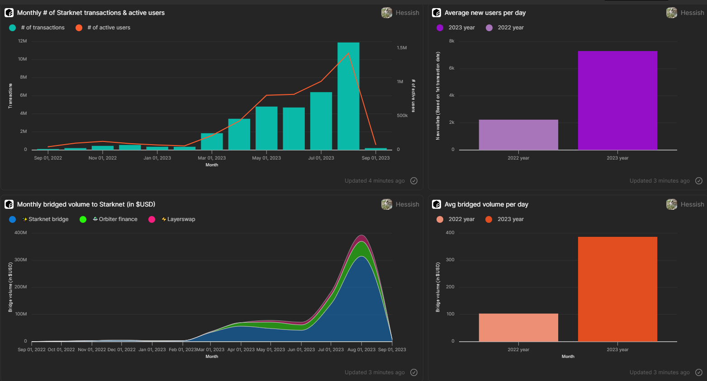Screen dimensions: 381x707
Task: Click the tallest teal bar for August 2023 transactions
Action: click(x=348, y=96)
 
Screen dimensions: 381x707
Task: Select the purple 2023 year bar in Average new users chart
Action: click(x=617, y=100)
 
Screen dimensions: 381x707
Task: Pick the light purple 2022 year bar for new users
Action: click(x=518, y=135)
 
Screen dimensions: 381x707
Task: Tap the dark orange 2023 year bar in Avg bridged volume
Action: click(x=617, y=289)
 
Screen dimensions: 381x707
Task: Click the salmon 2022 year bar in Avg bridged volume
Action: click(x=518, y=327)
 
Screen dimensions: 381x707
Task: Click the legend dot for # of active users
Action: click(x=79, y=28)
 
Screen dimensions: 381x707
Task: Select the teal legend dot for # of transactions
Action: click(x=12, y=28)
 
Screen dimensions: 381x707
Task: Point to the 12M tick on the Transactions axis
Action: click(x=23, y=41)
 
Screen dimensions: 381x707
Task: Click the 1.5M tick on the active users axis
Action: click(x=402, y=48)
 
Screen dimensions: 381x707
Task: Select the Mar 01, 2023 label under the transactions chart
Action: click(x=212, y=158)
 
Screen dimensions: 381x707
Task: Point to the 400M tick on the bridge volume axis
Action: click(x=21, y=233)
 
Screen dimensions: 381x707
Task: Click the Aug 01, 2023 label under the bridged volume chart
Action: click(x=361, y=350)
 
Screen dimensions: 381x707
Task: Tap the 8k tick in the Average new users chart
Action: click(x=451, y=41)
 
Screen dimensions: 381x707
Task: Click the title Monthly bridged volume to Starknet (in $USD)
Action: click(x=86, y=204)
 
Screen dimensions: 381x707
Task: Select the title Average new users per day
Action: click(x=485, y=13)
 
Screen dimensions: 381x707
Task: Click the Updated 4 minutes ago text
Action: click(x=375, y=181)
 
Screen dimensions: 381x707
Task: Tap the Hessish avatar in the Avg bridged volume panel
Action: click(x=672, y=204)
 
